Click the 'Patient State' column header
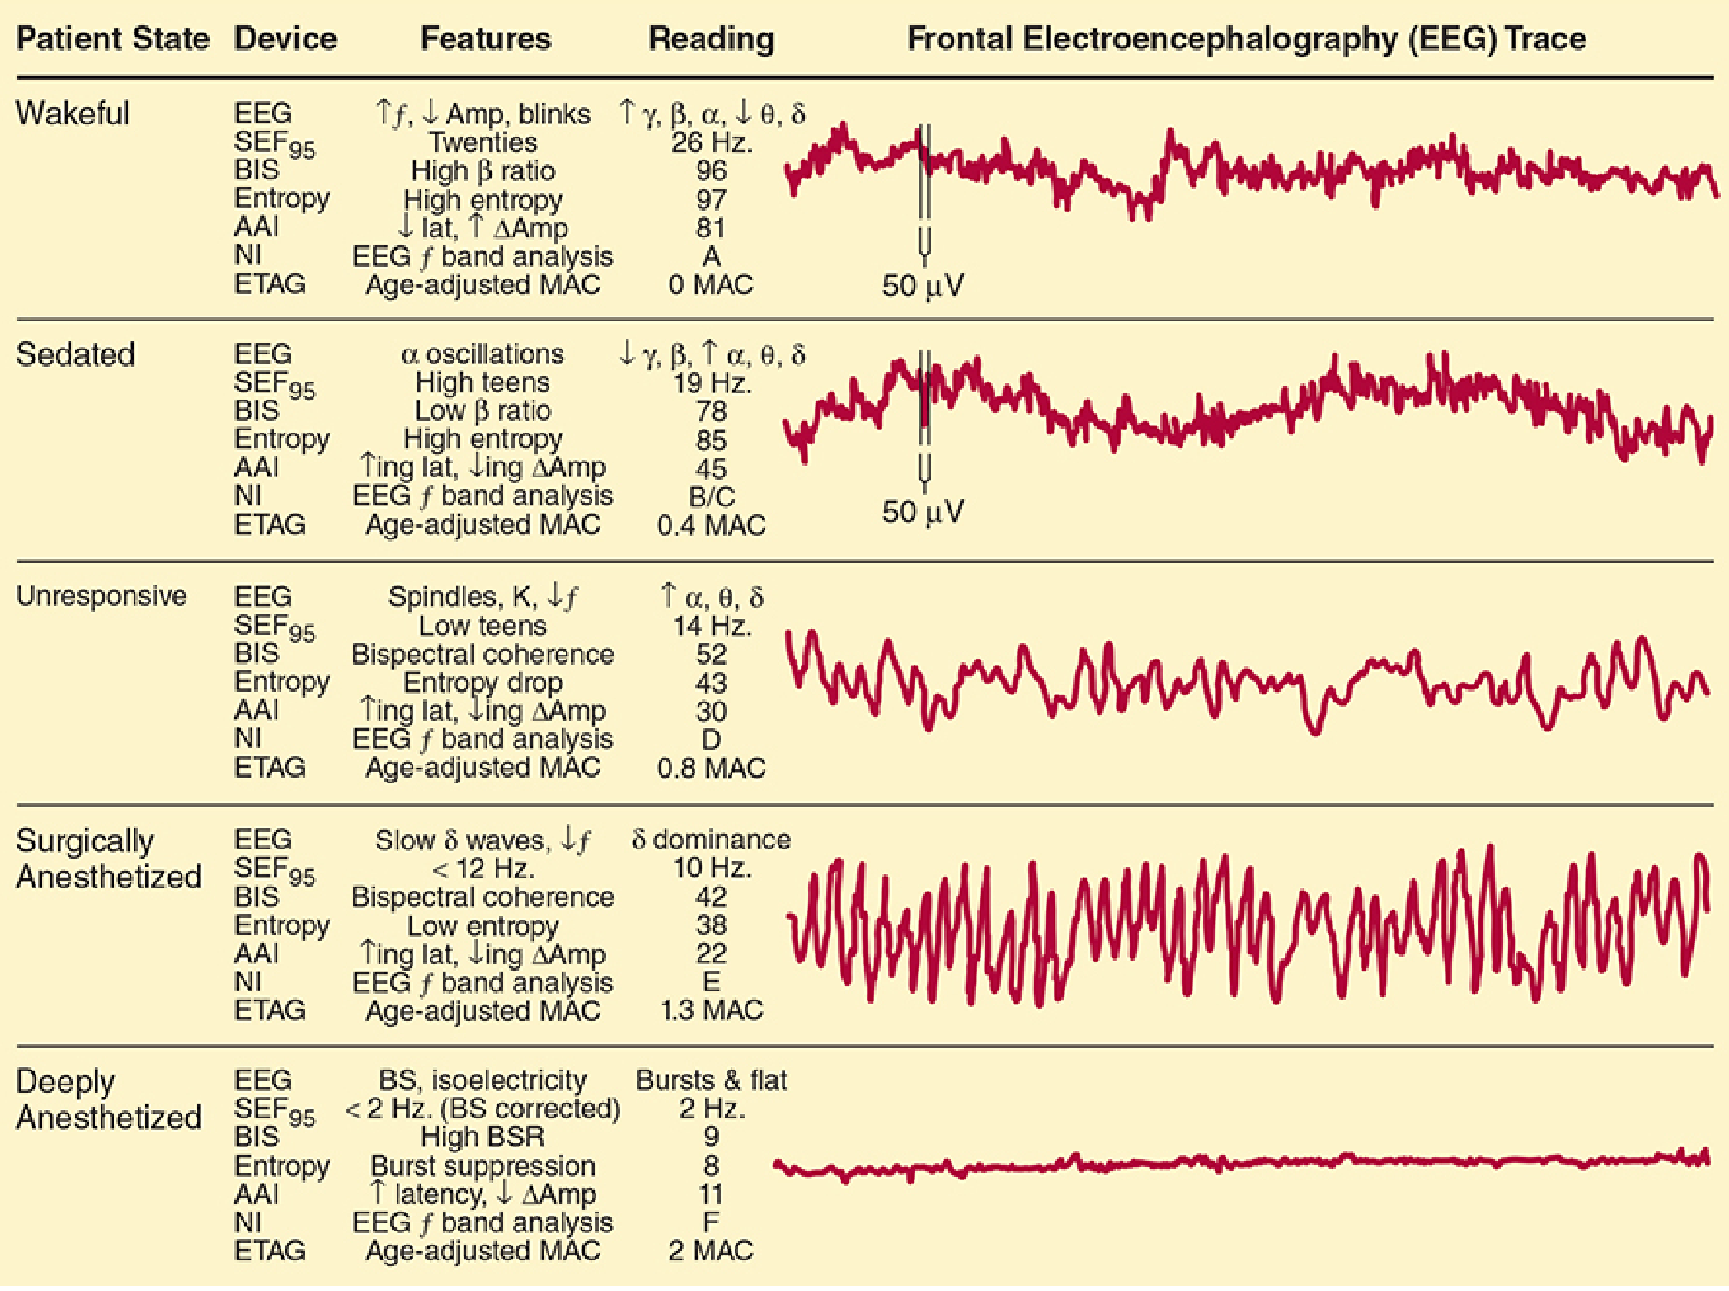tap(112, 38)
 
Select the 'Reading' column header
tap(711, 38)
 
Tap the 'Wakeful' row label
tap(72, 114)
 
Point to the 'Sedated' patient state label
tap(75, 355)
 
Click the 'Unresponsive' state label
tap(101, 596)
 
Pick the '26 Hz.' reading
tap(711, 142)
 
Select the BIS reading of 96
tap(711, 171)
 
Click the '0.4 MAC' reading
tap(711, 525)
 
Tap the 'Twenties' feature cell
tap(483, 142)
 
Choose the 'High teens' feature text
tap(483, 383)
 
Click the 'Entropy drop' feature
tap(483, 682)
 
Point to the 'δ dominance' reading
tap(711, 839)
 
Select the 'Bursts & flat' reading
tap(711, 1080)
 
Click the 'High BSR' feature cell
tap(483, 1137)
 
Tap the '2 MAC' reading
tap(711, 1250)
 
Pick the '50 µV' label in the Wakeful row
tap(923, 286)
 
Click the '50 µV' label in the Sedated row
tap(923, 512)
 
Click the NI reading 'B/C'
tap(711, 497)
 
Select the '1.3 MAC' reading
tap(711, 1011)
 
